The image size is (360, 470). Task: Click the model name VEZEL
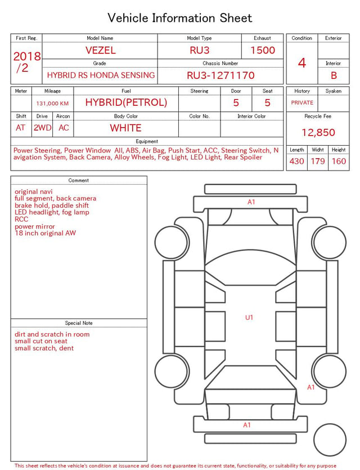[101, 50]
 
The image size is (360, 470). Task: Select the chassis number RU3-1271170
[220, 75]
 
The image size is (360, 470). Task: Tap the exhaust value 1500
[263, 50]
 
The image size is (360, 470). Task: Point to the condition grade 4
[302, 63]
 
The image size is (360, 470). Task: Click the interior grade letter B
[334, 75]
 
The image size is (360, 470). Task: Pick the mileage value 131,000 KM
[52, 104]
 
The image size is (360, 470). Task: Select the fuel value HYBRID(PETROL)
[126, 102]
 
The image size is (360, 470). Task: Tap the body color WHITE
[125, 128]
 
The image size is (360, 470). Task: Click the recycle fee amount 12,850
[318, 132]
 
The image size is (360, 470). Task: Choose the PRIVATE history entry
[302, 102]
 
